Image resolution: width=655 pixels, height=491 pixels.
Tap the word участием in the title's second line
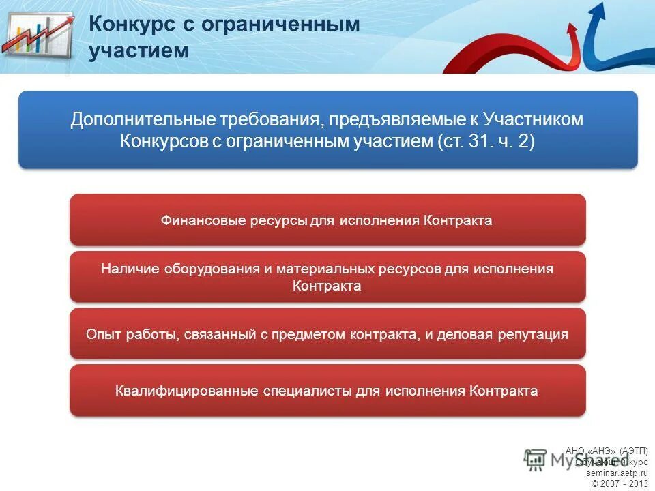click(139, 51)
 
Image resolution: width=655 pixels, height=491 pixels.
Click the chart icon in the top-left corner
click(38, 38)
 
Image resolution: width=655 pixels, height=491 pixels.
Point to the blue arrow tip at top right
click(598, 10)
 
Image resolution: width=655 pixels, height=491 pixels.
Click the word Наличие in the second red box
click(128, 269)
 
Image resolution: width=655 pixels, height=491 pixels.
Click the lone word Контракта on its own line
click(327, 286)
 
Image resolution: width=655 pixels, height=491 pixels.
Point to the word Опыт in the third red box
click(102, 335)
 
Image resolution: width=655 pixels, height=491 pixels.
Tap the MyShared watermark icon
click(536, 460)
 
